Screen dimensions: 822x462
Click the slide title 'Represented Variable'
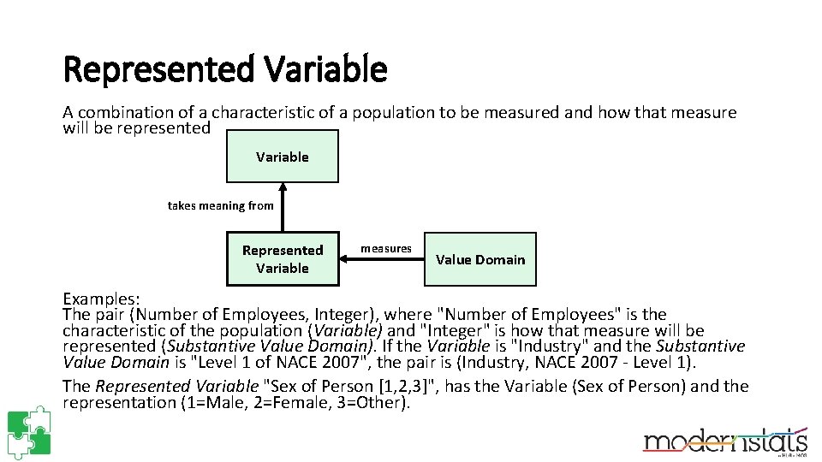pyautogui.click(x=225, y=69)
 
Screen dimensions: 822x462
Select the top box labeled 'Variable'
pyautogui.click(x=282, y=157)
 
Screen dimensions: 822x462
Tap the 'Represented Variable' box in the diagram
pyautogui.click(x=282, y=258)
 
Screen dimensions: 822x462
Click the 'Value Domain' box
pyautogui.click(x=479, y=259)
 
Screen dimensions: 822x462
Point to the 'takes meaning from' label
pyautogui.click(x=220, y=205)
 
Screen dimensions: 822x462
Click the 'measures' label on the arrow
pyautogui.click(x=385, y=248)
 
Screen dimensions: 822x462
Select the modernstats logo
pyautogui.click(x=725, y=440)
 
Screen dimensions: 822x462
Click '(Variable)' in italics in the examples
pyautogui.click(x=347, y=330)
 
